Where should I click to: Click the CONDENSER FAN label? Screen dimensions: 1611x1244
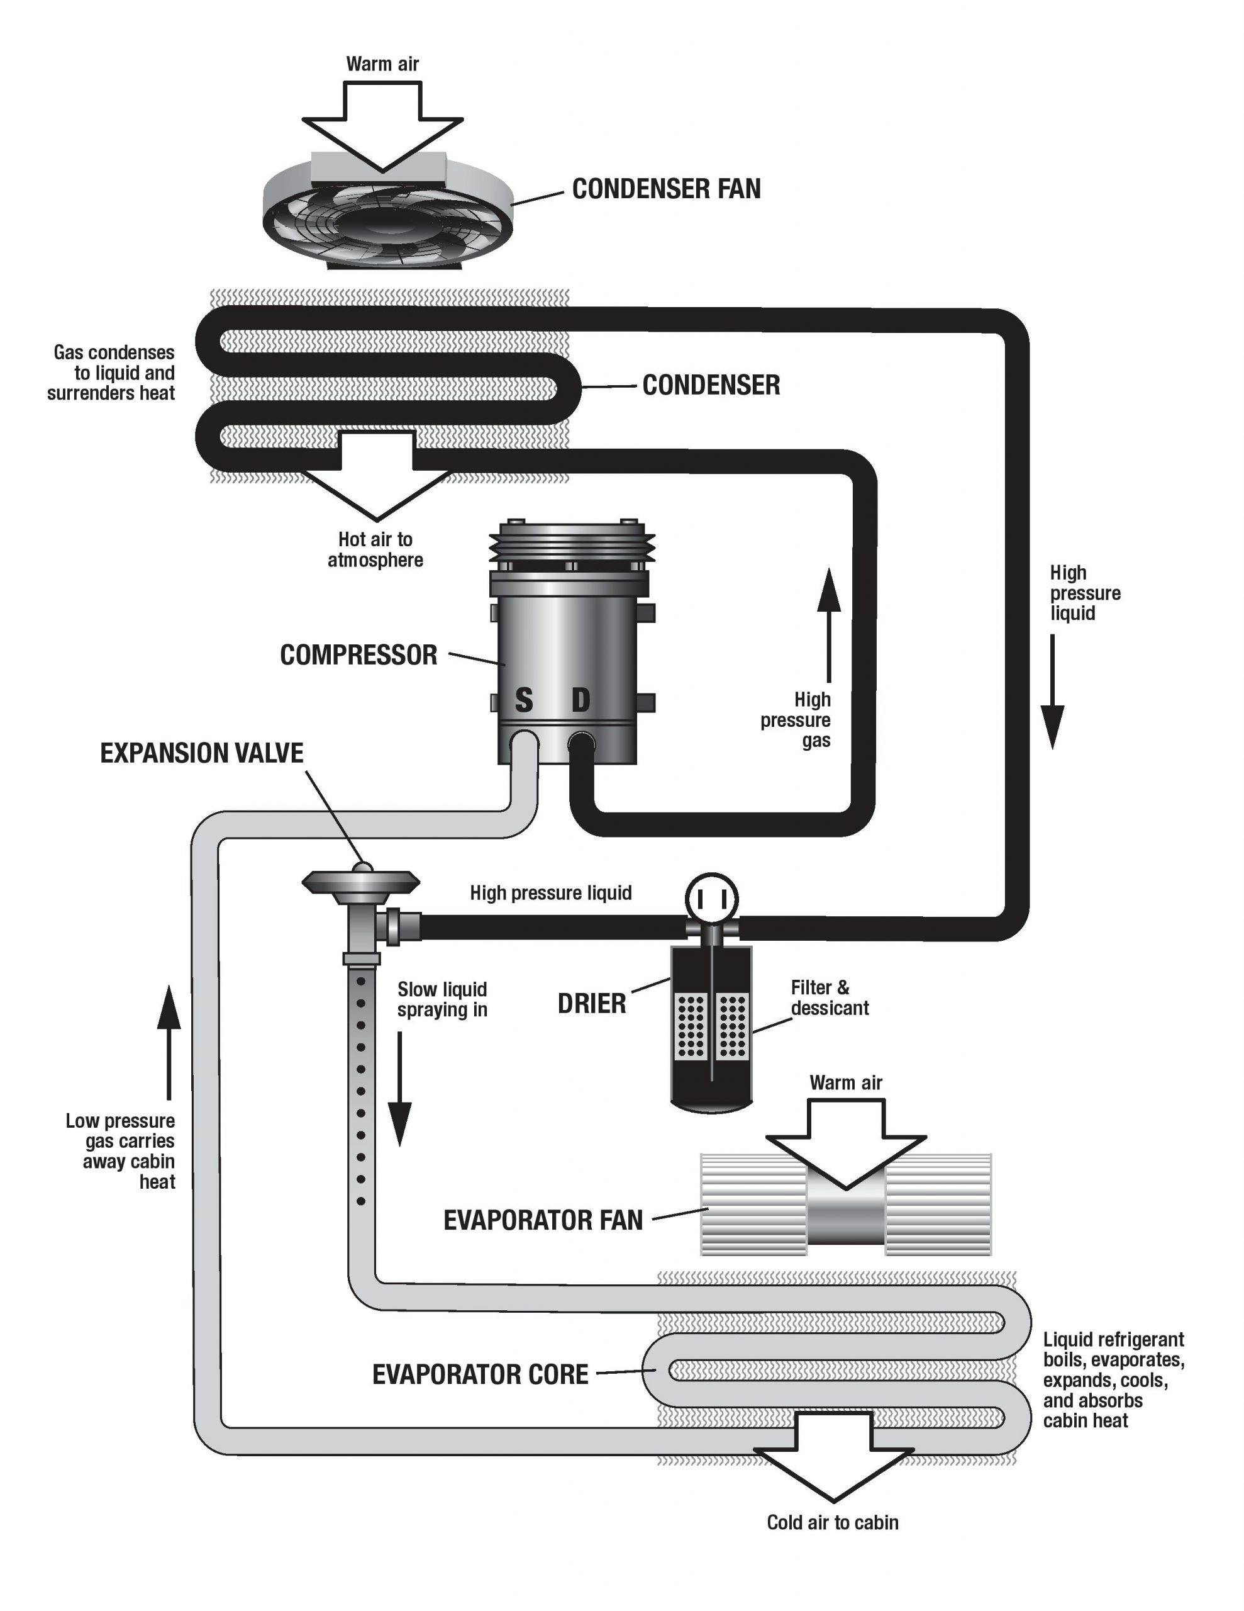tap(666, 189)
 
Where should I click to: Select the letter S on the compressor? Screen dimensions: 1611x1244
tap(523, 699)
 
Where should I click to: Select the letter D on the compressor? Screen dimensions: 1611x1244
tap(581, 699)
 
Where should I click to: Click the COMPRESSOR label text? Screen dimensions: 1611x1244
tap(358, 655)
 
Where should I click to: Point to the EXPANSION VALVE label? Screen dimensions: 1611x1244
tap(201, 753)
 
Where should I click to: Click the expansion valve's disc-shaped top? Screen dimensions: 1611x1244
tap(360, 880)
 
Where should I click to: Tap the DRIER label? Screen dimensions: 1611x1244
tap(591, 1003)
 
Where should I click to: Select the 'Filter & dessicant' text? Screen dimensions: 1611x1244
tap(829, 997)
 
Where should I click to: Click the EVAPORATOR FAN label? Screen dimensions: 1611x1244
tap(543, 1220)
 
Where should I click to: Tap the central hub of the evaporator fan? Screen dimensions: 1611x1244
tap(846, 1210)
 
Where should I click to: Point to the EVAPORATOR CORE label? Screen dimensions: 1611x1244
tap(480, 1374)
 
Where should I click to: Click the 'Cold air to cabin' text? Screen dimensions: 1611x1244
tap(833, 1522)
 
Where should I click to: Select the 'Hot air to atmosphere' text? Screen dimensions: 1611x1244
tap(375, 549)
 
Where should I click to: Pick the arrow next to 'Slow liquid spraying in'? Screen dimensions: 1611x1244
tap(399, 1088)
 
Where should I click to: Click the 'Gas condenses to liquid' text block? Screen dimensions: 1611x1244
tap(112, 373)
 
